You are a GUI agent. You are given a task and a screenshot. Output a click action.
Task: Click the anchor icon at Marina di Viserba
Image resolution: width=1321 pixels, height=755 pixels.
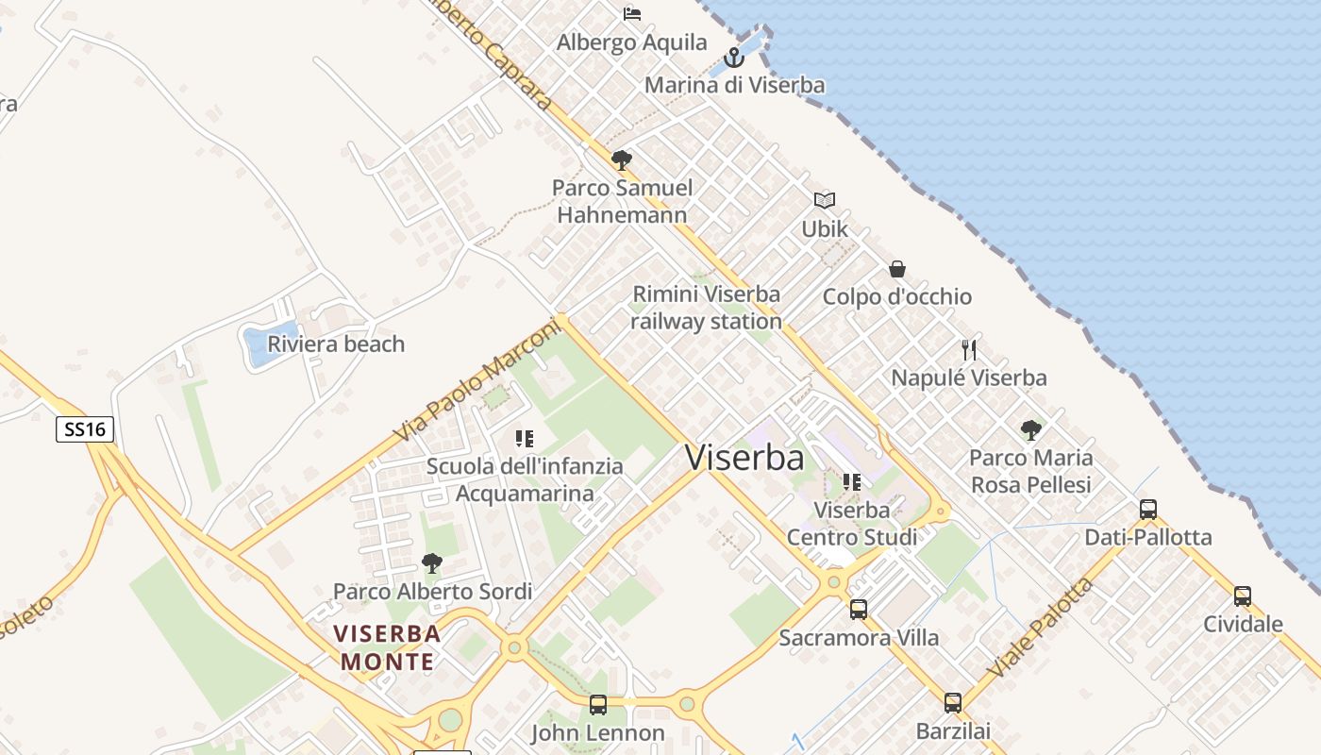[733, 59]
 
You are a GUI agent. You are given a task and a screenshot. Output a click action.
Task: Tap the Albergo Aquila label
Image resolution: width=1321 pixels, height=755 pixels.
[631, 42]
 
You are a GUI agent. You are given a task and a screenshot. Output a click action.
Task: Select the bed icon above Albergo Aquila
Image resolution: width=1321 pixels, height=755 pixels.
[632, 13]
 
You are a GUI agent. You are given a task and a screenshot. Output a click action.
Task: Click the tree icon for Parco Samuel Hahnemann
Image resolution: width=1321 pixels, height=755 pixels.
[621, 160]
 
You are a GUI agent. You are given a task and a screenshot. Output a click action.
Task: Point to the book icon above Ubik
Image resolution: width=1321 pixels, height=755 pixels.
[825, 200]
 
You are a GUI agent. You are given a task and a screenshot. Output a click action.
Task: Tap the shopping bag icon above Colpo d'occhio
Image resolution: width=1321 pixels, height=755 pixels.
[896, 269]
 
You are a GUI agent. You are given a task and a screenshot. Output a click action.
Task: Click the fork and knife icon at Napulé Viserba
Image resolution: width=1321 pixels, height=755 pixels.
[969, 350]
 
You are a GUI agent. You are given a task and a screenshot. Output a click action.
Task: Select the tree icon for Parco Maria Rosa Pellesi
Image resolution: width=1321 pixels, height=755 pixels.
[1031, 430]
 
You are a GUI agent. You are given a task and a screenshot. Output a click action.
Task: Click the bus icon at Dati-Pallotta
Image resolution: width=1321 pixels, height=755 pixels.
[1148, 510]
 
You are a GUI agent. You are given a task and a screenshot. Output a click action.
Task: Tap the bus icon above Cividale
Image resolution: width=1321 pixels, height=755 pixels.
[1243, 596]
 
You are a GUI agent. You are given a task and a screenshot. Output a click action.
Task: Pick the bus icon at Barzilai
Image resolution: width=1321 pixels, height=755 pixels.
[953, 703]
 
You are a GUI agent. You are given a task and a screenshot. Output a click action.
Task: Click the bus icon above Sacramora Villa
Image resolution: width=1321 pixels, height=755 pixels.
[859, 610]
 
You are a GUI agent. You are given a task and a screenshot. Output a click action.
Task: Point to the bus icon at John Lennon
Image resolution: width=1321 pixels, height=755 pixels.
[597, 705]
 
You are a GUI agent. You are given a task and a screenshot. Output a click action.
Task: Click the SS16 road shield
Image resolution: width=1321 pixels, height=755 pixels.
[85, 430]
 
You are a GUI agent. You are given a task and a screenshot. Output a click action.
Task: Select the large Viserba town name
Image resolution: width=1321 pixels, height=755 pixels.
[744, 458]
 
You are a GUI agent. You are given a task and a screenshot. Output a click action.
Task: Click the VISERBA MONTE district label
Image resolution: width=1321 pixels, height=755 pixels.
[387, 646]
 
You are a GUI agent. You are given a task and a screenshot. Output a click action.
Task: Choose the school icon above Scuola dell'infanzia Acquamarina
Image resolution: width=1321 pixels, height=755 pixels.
[525, 438]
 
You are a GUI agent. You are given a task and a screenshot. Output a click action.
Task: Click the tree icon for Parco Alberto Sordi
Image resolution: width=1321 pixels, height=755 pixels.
[432, 563]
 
